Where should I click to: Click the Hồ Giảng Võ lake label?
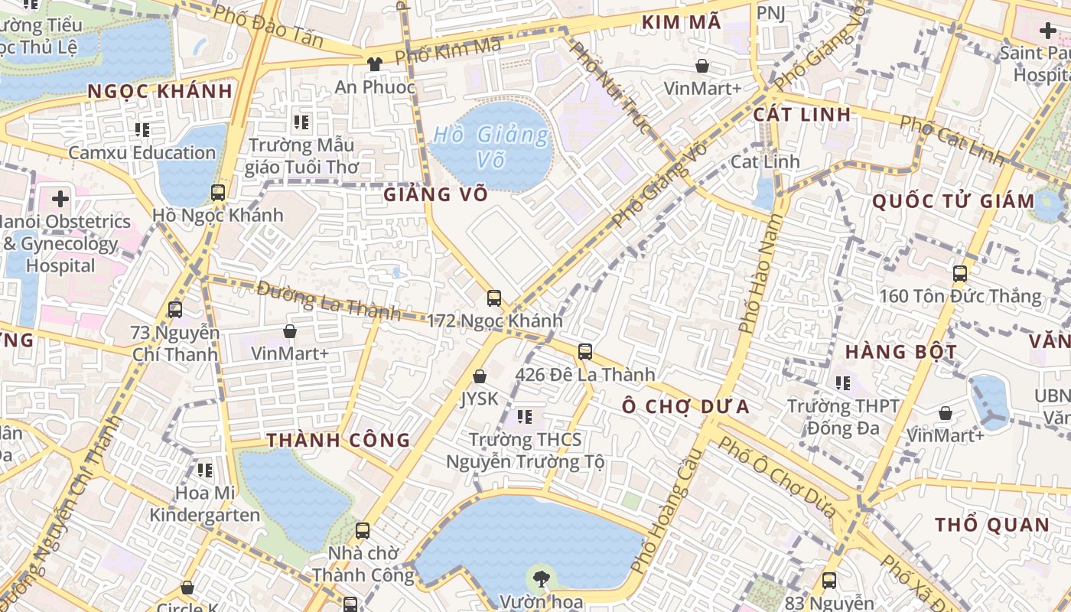click(x=490, y=147)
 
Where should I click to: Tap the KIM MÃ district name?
click(x=681, y=22)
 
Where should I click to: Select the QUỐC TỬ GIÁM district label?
click(x=953, y=201)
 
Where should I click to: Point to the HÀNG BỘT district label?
click(x=900, y=352)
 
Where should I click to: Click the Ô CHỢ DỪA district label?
click(x=685, y=406)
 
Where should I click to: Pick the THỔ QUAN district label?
click(x=992, y=525)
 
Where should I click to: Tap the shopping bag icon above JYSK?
click(x=480, y=376)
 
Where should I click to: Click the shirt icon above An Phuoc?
click(x=375, y=64)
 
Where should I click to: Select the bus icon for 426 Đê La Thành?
click(x=585, y=352)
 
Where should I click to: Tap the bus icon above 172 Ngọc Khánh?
click(x=494, y=298)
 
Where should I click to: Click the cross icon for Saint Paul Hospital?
click(x=1047, y=31)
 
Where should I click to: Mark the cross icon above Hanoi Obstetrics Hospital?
click(x=60, y=200)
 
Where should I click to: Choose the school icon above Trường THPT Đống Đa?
click(x=843, y=382)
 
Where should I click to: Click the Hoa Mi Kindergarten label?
click(x=205, y=503)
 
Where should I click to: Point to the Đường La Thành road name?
click(x=328, y=300)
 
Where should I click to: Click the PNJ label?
click(x=770, y=13)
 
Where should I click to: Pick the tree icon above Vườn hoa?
click(x=541, y=578)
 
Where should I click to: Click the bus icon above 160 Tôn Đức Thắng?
click(x=959, y=273)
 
